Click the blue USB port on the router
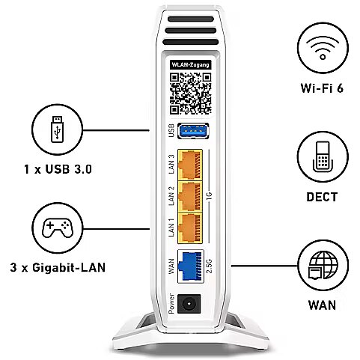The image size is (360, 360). [192, 131]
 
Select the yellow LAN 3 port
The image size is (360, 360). [190, 165]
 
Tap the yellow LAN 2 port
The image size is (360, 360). [190, 196]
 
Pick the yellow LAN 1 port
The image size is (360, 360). [190, 228]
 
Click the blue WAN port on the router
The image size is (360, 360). [191, 266]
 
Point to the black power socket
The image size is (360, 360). [189, 304]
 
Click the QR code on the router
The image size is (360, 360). [191, 94]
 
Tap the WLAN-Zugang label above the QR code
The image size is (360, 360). [190, 65]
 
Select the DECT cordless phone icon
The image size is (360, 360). [323, 156]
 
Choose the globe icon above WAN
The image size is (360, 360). [323, 265]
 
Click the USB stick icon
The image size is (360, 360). [57, 129]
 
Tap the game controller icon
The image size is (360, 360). [58, 228]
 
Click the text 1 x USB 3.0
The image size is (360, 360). [58, 169]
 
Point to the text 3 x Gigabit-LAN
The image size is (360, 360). [58, 267]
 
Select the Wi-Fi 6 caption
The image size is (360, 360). [322, 88]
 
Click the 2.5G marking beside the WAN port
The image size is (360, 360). [209, 266]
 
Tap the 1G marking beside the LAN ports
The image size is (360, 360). [209, 196]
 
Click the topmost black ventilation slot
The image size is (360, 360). [191, 19]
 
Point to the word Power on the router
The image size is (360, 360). [171, 304]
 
